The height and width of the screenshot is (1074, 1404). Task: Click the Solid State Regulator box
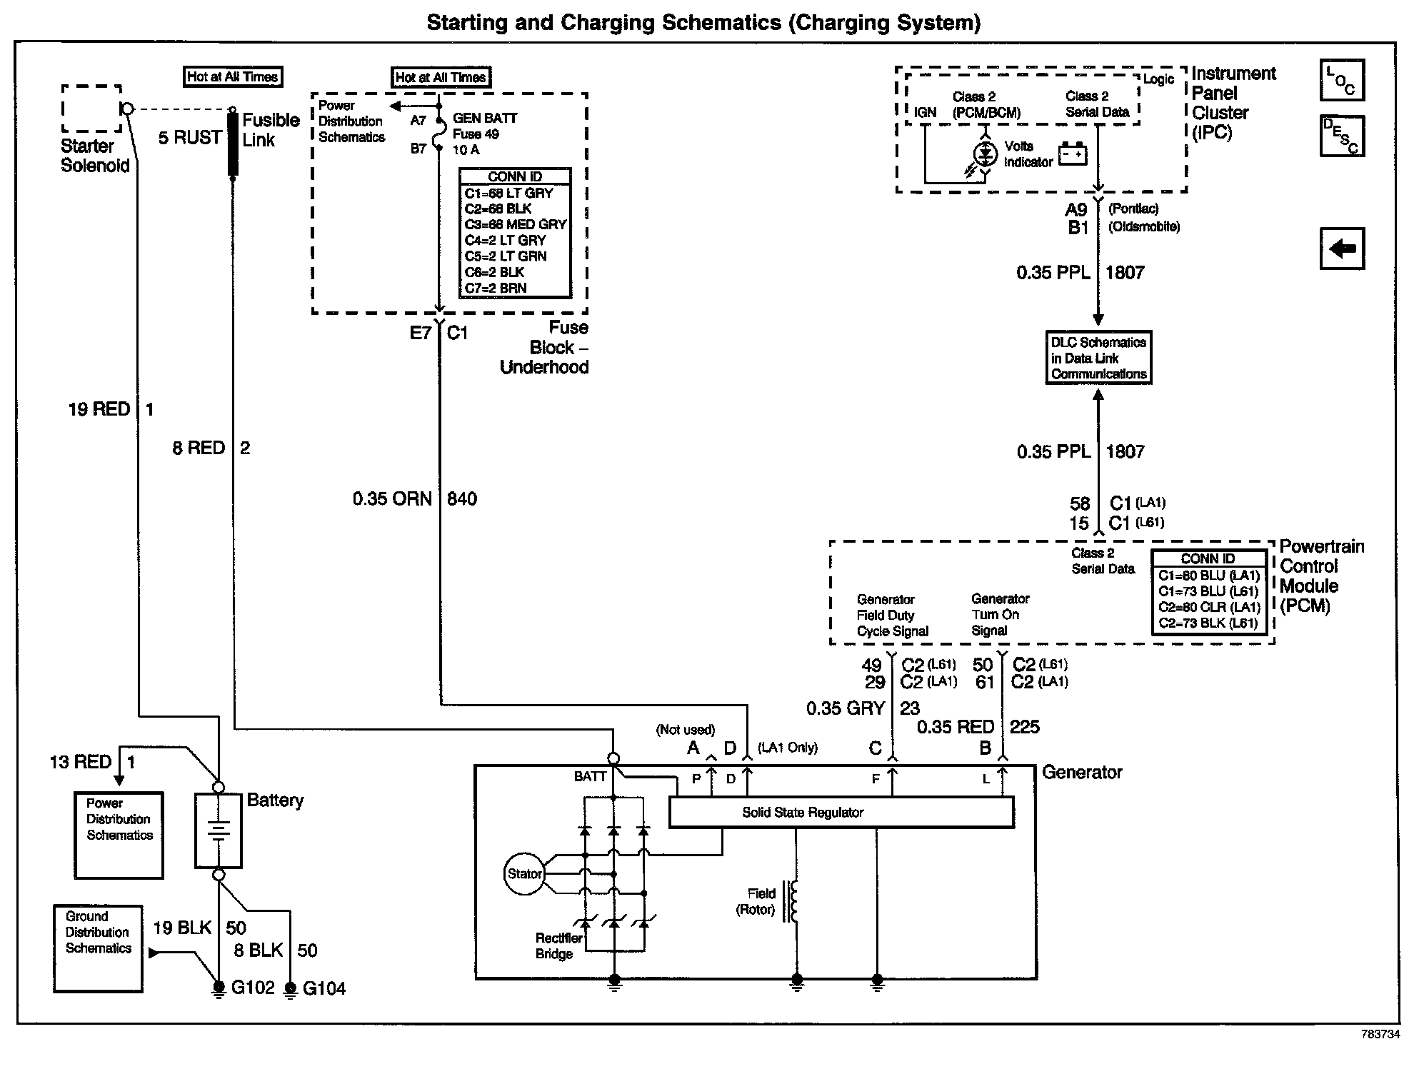tap(841, 813)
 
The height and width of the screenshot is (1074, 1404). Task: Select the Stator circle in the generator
tap(524, 874)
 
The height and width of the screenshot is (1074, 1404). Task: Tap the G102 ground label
tap(253, 988)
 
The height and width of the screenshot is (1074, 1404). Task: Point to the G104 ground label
tap(324, 988)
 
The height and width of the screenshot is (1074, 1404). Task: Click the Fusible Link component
tap(233, 144)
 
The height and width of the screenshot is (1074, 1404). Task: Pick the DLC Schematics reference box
tap(1098, 358)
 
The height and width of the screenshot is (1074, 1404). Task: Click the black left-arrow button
tap(1342, 249)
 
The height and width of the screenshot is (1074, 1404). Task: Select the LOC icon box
tap(1342, 80)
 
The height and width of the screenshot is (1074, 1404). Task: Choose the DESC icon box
tap(1342, 136)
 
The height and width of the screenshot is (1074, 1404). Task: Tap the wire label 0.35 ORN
tap(392, 498)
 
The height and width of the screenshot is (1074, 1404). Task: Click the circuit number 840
tap(462, 498)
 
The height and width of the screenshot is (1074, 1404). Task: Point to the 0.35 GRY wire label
tap(846, 708)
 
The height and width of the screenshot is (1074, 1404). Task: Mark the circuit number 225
tap(1025, 727)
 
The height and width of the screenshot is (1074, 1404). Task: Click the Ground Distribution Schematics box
tap(98, 948)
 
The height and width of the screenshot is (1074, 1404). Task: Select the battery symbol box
tap(219, 830)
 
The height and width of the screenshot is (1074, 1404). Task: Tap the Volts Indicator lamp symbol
tap(986, 154)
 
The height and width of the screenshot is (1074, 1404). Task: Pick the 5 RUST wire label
tap(189, 137)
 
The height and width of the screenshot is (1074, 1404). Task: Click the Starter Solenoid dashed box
tap(91, 109)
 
